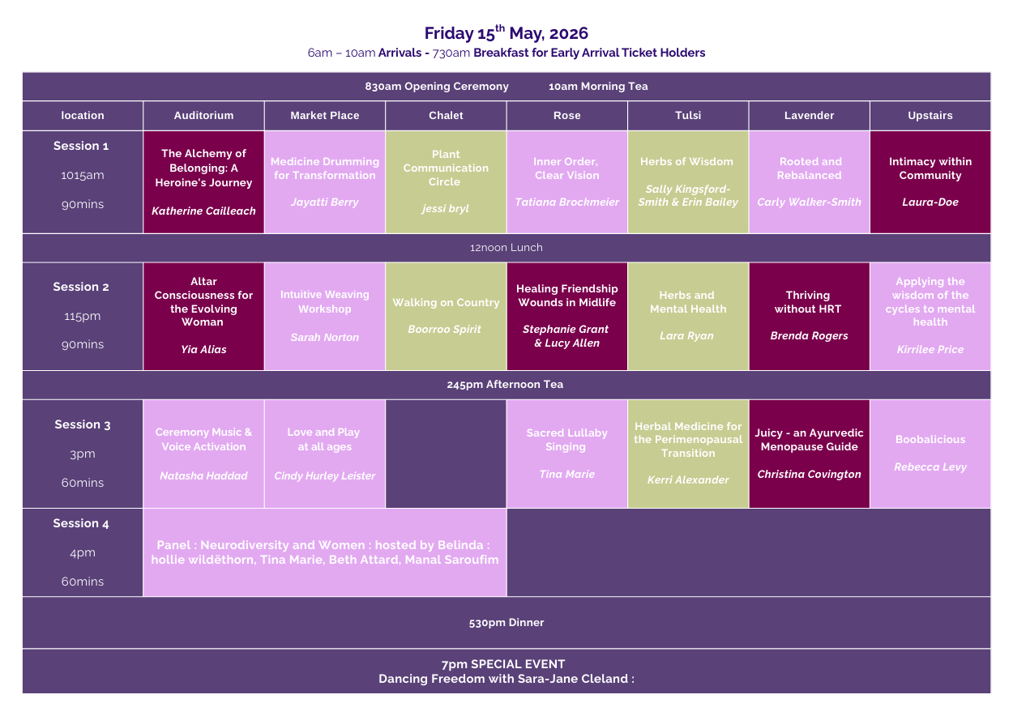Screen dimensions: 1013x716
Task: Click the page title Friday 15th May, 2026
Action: [x=506, y=33]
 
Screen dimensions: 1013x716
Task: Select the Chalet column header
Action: [x=446, y=116]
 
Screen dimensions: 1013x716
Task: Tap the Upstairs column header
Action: [x=930, y=116]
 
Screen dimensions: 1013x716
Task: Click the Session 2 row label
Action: [x=81, y=288]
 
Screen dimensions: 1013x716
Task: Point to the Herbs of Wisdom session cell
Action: [x=687, y=182]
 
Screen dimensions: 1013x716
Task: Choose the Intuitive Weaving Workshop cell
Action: [x=324, y=316]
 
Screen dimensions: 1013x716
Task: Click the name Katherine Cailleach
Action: [x=203, y=211]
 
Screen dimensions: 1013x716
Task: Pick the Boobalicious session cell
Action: [x=930, y=454]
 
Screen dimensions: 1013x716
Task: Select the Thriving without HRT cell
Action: [x=808, y=316]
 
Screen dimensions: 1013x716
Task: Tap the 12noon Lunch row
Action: [x=506, y=248]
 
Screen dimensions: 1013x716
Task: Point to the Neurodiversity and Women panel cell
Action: [x=324, y=552]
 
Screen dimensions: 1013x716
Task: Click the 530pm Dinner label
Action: [x=506, y=623]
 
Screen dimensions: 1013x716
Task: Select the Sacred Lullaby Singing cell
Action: [x=566, y=454]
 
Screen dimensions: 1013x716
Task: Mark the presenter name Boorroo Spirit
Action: [x=445, y=330]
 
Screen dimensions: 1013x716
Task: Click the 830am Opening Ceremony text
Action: [x=437, y=87]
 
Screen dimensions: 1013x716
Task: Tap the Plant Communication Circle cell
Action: [x=446, y=182]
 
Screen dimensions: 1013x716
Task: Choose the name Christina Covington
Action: [x=809, y=475]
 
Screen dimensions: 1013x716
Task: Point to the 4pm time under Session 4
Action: [x=82, y=553]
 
